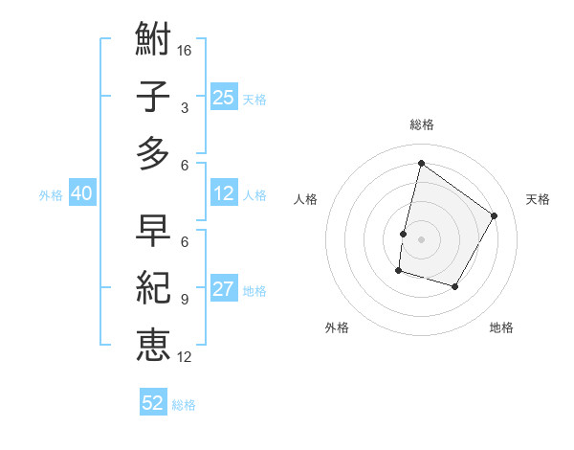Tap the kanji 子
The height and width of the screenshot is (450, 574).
[x=153, y=97]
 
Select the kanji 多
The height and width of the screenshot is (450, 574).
[x=153, y=153]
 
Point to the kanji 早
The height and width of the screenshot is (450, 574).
[x=153, y=231]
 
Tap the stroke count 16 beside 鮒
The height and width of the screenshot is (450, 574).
[x=186, y=50]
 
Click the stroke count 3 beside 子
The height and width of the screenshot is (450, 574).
[x=184, y=107]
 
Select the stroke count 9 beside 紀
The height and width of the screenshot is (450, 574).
[x=184, y=299]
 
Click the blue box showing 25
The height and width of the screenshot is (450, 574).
[x=223, y=97]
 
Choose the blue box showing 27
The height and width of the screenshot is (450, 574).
[x=223, y=290]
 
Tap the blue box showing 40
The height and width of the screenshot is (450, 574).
[x=81, y=193]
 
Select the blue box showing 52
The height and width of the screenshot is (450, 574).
[x=153, y=403]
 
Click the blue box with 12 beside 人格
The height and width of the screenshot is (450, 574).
[x=223, y=193]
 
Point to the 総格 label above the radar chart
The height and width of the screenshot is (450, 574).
[x=421, y=124]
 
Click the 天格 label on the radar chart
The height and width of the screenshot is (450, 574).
[x=538, y=199]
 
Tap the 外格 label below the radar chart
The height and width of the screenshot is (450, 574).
[x=337, y=327]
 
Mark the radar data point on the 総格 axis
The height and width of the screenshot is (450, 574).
[x=421, y=163]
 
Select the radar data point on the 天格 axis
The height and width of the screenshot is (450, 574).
[x=494, y=215]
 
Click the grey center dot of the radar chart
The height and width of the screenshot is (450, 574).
[x=421, y=239]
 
